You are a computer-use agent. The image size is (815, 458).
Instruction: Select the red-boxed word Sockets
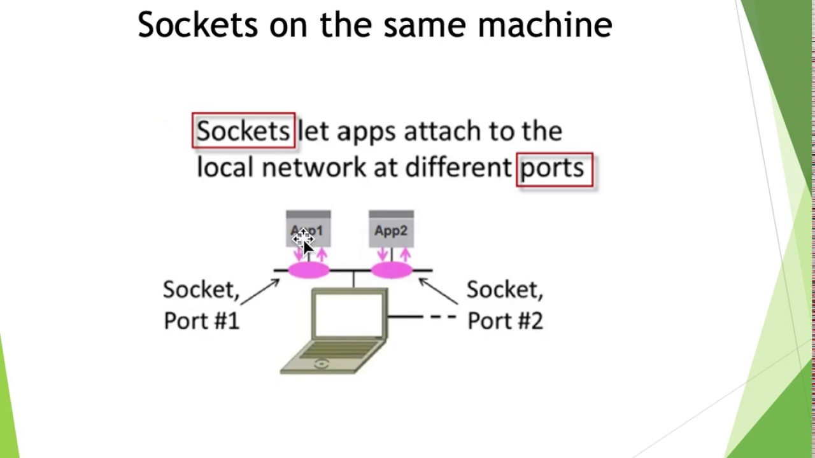point(243,131)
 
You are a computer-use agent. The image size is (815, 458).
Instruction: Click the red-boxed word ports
point(553,169)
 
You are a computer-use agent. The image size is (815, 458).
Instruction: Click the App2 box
point(391,230)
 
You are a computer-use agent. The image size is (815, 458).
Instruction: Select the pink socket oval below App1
point(309,271)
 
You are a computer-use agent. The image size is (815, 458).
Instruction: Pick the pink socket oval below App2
point(392,271)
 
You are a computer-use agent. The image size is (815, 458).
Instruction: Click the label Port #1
point(201,321)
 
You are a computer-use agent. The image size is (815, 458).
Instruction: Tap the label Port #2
point(505,321)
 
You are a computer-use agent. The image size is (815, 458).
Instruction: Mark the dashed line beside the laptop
point(443,316)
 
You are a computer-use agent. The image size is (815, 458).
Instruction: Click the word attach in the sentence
point(443,131)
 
